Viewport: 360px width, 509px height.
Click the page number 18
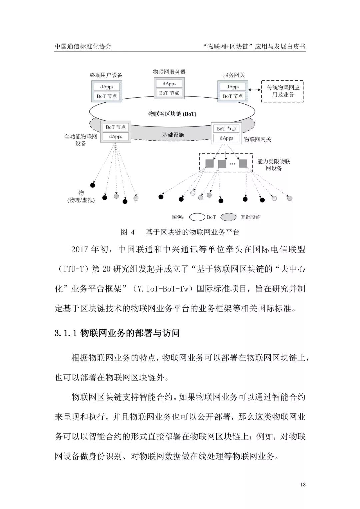(x=303, y=484)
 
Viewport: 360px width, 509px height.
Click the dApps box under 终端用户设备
(x=107, y=87)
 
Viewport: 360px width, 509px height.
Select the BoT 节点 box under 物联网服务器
(x=169, y=93)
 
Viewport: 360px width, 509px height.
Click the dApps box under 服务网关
(x=233, y=87)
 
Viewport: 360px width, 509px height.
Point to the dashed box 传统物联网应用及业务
(x=283, y=91)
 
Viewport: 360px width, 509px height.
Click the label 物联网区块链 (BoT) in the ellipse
(x=172, y=114)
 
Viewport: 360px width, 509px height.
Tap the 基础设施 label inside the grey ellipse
(x=173, y=135)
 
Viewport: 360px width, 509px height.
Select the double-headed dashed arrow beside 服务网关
(x=254, y=89)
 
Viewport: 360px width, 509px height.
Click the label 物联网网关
(x=257, y=139)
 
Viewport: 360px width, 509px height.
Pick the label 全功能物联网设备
(x=81, y=140)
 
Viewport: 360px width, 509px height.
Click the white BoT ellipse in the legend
(x=197, y=217)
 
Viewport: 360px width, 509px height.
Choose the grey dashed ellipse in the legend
(x=228, y=217)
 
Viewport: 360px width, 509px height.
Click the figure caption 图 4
(x=128, y=232)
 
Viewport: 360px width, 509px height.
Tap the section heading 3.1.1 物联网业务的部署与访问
(x=117, y=333)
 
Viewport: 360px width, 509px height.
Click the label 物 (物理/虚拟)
(x=81, y=197)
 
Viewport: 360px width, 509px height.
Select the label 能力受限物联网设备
(x=274, y=165)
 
